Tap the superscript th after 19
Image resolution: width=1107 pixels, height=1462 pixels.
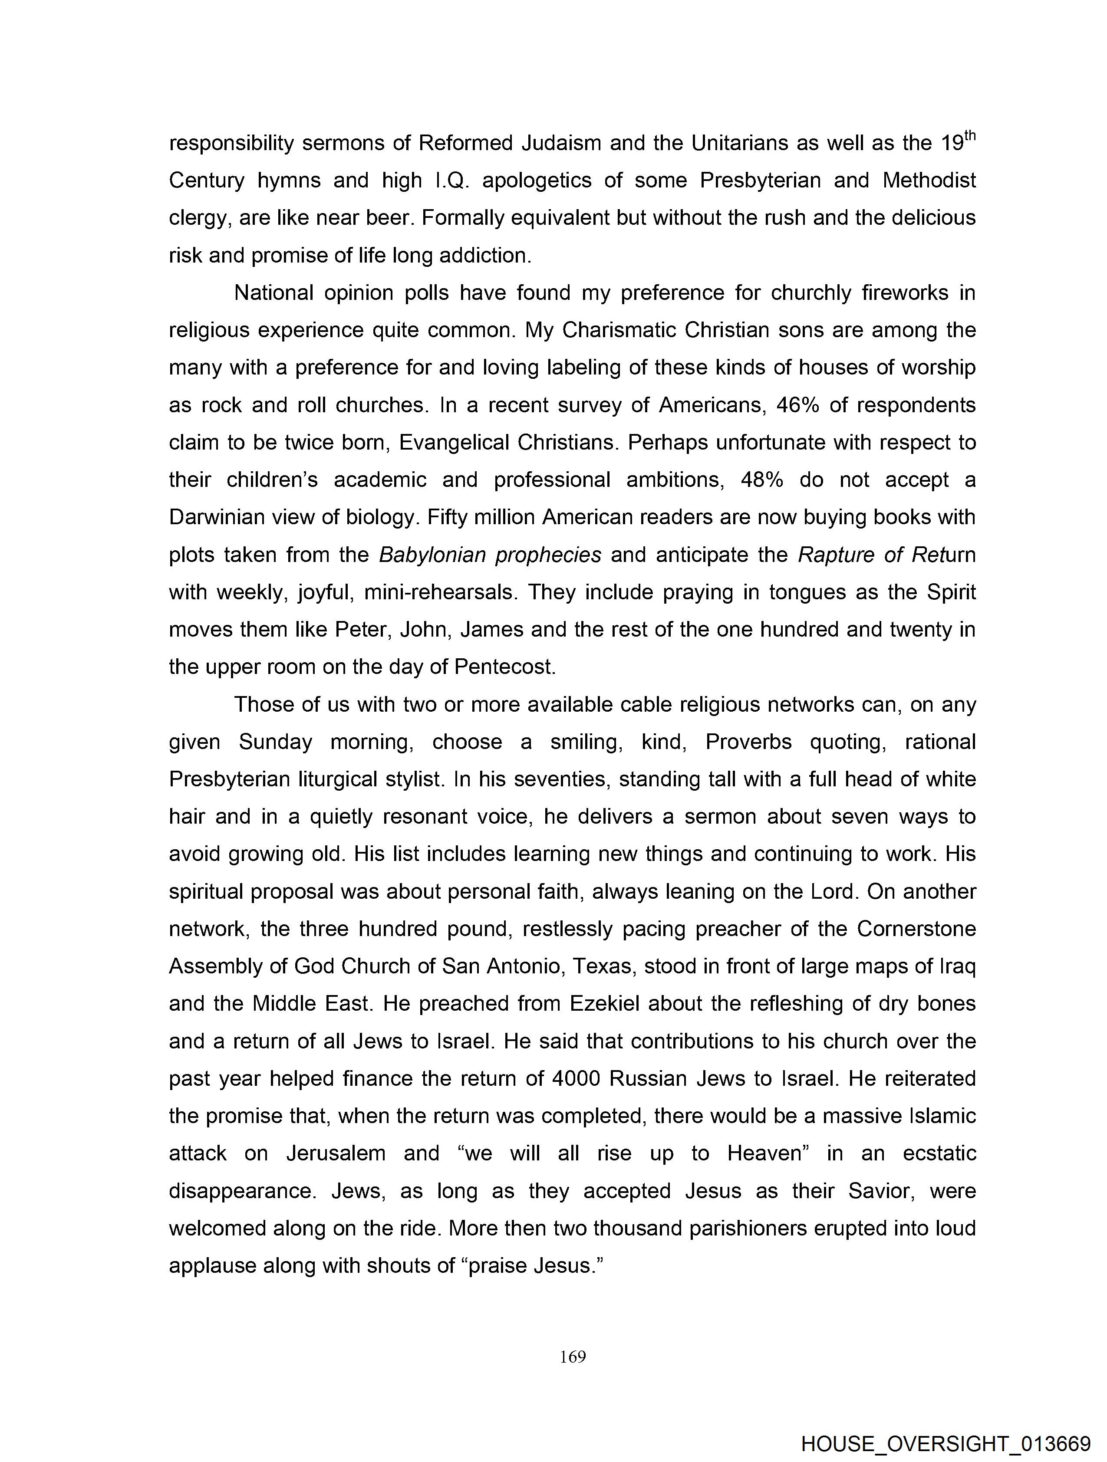coord(969,135)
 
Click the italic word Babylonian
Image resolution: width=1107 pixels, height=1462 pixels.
coord(432,555)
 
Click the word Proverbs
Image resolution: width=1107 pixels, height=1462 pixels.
coord(748,742)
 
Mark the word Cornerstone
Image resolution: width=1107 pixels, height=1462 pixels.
coord(916,929)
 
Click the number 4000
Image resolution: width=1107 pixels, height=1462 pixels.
coord(576,1079)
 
